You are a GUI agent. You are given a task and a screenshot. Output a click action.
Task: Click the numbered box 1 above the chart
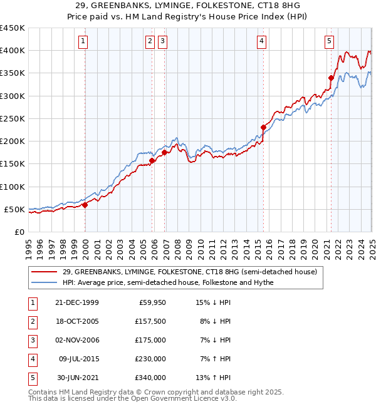point(83,42)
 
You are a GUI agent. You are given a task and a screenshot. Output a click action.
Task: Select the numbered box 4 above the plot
point(261,42)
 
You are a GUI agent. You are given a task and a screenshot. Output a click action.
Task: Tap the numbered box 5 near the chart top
point(330,42)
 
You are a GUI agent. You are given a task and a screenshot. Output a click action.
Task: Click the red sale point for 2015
point(263,128)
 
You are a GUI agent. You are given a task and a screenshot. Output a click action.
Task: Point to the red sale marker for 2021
point(332,78)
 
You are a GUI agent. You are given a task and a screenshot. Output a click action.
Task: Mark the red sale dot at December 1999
point(85,205)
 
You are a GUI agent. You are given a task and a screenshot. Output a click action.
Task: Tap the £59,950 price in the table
point(151,303)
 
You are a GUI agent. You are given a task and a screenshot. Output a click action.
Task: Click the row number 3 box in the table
point(32,341)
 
